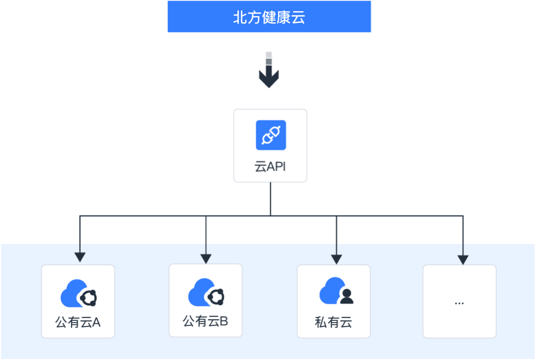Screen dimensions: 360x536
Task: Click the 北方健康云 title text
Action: coord(269,17)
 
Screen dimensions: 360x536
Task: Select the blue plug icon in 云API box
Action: coord(271,135)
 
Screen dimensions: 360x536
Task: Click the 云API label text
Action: coord(270,167)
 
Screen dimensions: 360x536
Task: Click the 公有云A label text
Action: coord(78,323)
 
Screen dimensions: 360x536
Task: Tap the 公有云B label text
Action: coord(205,321)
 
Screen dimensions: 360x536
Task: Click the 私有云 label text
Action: coord(333,323)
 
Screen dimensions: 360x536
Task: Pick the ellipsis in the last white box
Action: coord(459,303)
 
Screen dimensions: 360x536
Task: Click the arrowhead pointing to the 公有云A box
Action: coord(80,257)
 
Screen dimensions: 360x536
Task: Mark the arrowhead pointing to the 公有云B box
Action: coord(206,258)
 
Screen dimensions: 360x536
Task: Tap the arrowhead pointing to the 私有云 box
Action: coord(336,259)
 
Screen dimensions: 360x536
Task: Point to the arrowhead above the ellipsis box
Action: coord(463,259)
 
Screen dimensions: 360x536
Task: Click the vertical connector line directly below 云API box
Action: coord(271,198)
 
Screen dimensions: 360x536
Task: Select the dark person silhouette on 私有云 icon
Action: coord(347,296)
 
